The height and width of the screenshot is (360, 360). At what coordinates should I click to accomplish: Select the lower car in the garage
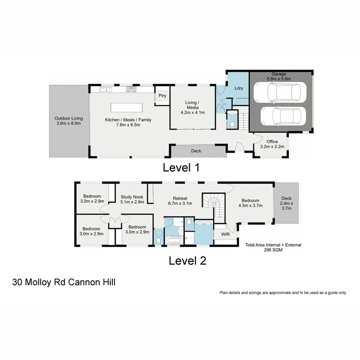[282, 117]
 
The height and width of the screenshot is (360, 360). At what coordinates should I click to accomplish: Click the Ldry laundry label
[239, 88]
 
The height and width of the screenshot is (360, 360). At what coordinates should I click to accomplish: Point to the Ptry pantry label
[162, 96]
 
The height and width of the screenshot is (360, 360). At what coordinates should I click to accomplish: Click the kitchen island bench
[126, 108]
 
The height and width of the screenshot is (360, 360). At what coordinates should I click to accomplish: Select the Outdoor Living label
[69, 121]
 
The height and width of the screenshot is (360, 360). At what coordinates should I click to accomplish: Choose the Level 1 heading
[181, 168]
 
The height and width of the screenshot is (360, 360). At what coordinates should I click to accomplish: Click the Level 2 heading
[187, 261]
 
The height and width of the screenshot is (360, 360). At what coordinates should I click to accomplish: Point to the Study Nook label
[132, 199]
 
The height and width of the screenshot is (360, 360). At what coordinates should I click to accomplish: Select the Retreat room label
[180, 201]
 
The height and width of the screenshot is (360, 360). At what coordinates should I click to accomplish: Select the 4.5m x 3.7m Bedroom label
[250, 203]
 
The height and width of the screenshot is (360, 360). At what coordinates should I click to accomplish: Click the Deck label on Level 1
[196, 151]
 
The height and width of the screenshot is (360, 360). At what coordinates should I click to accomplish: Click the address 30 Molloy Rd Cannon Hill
[64, 282]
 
